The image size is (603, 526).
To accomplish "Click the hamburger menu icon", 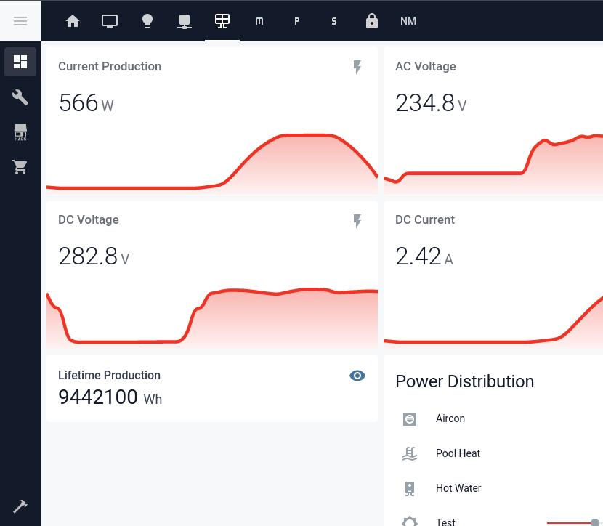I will pyautogui.click(x=20, y=21).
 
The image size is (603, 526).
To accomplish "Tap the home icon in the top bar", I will pyautogui.click(x=73, y=21).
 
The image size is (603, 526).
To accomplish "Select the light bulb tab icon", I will pyautogui.click(x=147, y=21).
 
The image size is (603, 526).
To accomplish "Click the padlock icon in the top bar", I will pyautogui.click(x=372, y=21).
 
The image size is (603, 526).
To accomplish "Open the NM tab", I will pyautogui.click(x=408, y=21).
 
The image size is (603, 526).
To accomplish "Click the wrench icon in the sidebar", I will pyautogui.click(x=20, y=97).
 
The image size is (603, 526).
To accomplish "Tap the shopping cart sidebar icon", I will pyautogui.click(x=20, y=168).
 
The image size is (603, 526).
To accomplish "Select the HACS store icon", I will pyautogui.click(x=20, y=132).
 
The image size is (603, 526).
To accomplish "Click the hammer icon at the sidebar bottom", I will pyautogui.click(x=20, y=506).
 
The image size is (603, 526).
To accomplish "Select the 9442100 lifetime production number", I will pyautogui.click(x=98, y=397).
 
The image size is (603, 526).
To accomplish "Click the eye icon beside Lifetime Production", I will pyautogui.click(x=357, y=376).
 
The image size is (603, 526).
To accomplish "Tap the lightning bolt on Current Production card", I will pyautogui.click(x=357, y=68).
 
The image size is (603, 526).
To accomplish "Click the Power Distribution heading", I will pyautogui.click(x=464, y=381).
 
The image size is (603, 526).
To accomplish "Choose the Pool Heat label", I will pyautogui.click(x=458, y=453).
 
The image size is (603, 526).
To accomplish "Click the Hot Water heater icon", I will pyautogui.click(x=410, y=488).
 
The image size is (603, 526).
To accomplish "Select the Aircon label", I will pyautogui.click(x=450, y=418).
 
